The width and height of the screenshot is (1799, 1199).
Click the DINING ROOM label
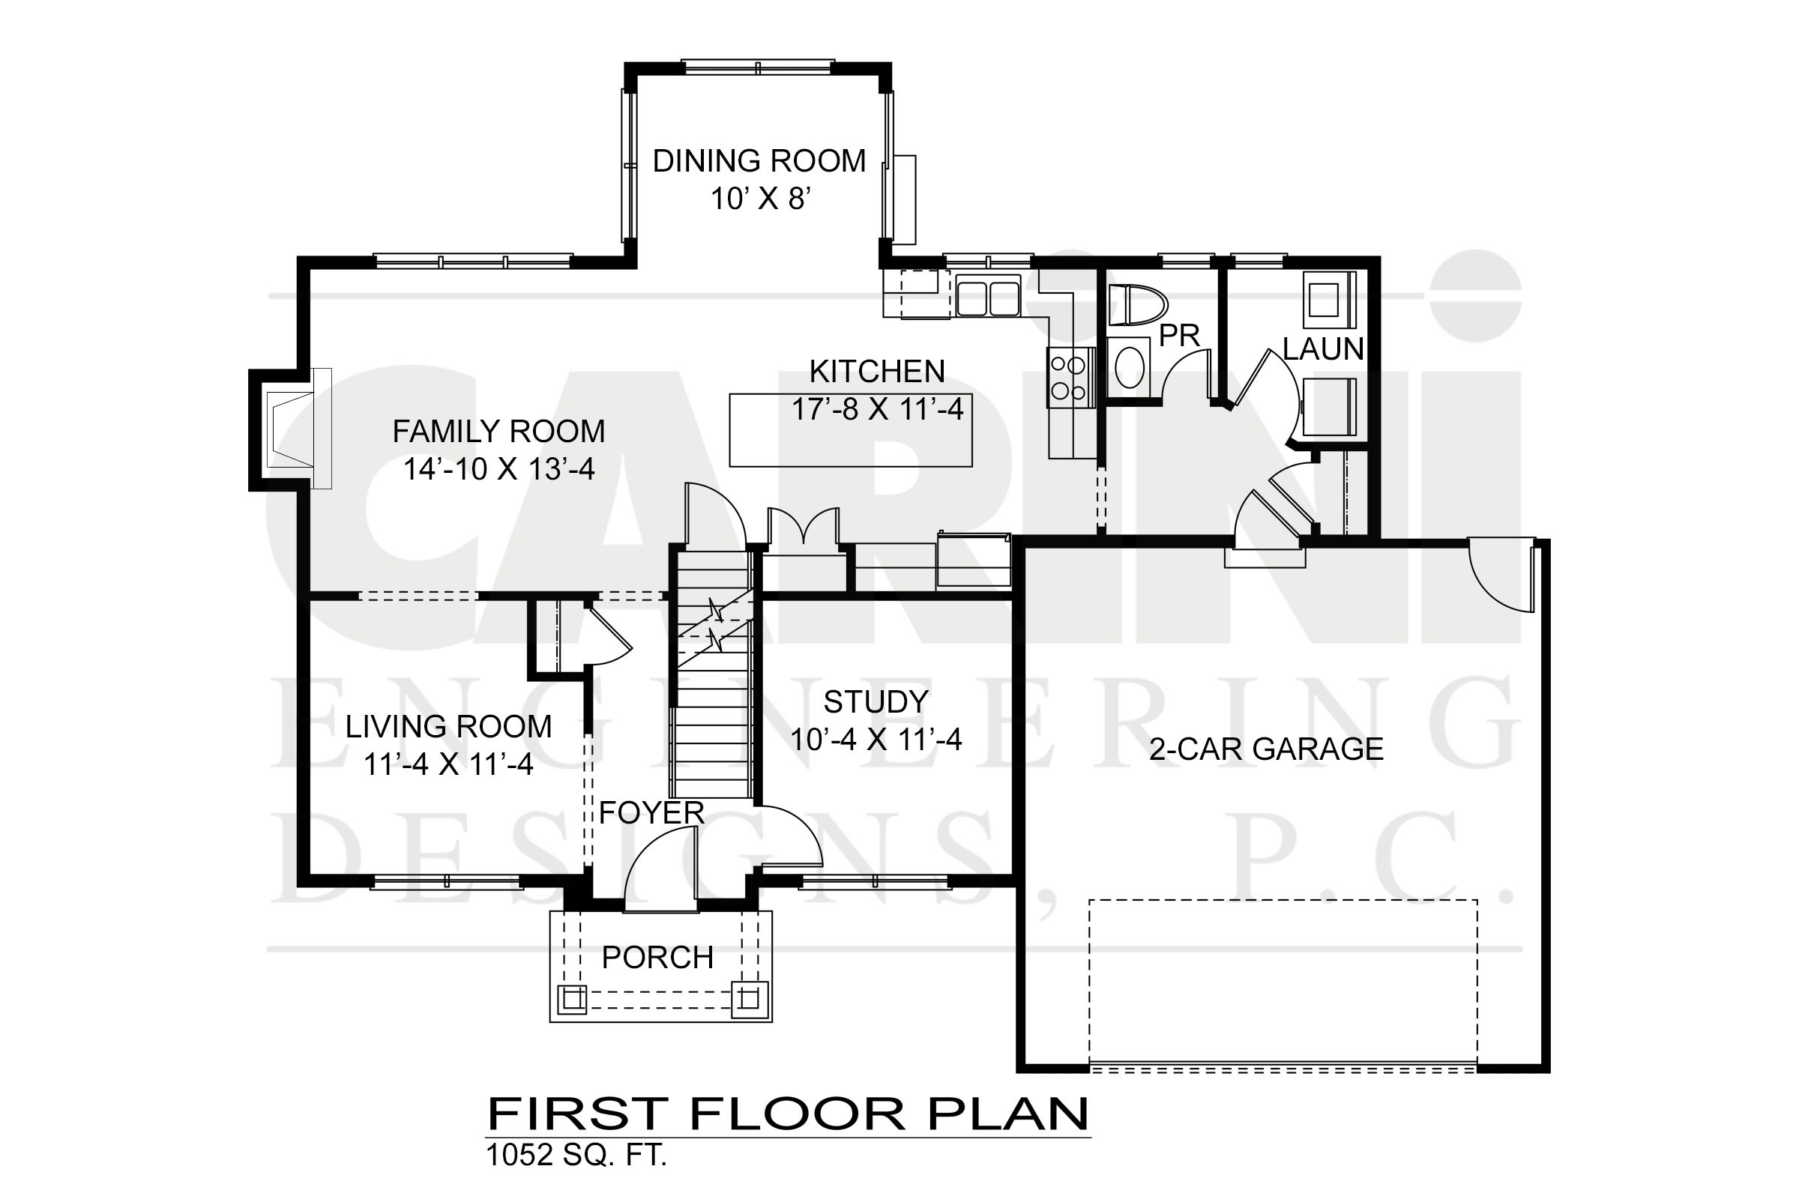(759, 160)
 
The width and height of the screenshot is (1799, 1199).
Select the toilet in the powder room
(1137, 304)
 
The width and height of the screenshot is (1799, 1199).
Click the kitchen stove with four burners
(1070, 378)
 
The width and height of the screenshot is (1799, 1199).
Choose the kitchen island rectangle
(851, 429)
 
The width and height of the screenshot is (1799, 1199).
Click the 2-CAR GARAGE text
(1267, 749)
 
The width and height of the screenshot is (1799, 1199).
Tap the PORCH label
(658, 958)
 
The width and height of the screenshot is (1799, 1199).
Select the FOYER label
(651, 813)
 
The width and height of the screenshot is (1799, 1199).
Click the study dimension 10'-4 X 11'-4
(876, 740)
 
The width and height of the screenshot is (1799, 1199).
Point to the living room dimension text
(448, 764)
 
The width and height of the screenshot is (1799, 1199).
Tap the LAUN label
(1323, 348)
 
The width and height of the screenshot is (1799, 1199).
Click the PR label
(1178, 336)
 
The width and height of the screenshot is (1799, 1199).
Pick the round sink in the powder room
(1130, 368)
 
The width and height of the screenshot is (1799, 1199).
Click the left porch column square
(572, 999)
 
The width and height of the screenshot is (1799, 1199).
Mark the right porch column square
(749, 999)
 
